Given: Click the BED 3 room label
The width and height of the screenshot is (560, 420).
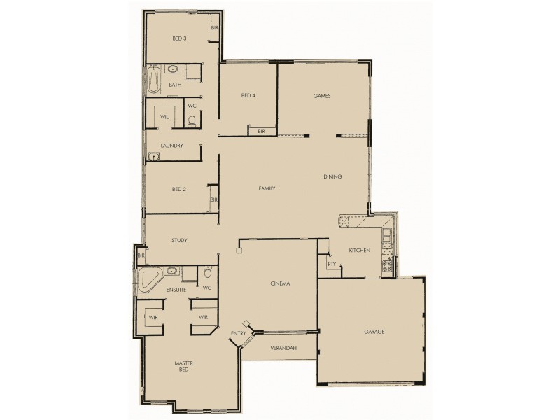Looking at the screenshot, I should pos(179,39).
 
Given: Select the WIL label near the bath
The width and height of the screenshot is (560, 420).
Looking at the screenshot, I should pos(165,117).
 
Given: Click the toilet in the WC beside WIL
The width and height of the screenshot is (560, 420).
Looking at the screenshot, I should pos(192,120).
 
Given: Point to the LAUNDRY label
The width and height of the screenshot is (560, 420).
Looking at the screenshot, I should pos(171,146).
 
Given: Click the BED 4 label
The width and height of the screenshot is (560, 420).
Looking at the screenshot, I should pos(248,96).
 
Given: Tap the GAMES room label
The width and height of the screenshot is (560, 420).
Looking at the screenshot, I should pos(322,96).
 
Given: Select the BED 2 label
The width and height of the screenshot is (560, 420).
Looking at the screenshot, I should pos(178,189).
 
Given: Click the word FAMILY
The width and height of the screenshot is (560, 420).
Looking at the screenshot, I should pos(267,189).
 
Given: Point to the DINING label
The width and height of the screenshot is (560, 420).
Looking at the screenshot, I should pos(332,176).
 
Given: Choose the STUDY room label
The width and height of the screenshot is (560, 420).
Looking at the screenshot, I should pos(179,241).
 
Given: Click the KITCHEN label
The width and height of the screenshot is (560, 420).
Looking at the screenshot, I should pos(360,251).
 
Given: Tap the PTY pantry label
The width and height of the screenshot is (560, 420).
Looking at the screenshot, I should pos(331,265).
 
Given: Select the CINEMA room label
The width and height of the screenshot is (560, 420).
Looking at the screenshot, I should pos(280,283).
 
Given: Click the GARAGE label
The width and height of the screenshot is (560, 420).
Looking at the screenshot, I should pos(374,332).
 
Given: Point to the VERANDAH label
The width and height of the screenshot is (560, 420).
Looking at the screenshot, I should pos(283,348).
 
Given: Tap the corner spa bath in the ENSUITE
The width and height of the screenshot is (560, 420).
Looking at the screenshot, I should pos(149,279).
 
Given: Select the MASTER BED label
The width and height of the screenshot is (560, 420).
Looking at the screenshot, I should pos(183,366).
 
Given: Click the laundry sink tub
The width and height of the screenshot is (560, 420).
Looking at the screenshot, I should pos(153,157).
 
